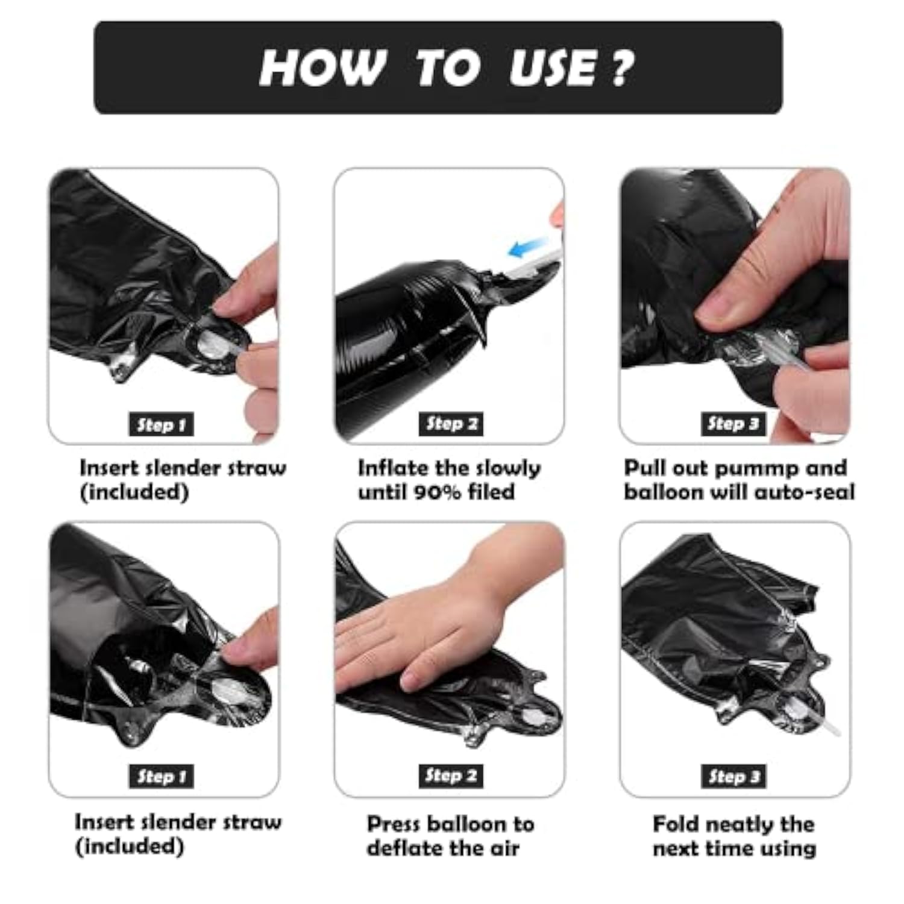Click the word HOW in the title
tap(322, 67)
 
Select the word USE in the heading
tap(553, 67)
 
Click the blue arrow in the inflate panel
tap(527, 246)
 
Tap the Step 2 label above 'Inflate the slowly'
tap(451, 424)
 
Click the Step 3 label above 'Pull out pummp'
tap(733, 424)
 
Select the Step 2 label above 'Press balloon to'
tap(451, 776)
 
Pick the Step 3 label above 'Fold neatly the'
tap(733, 776)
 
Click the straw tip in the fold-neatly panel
tap(837, 731)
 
